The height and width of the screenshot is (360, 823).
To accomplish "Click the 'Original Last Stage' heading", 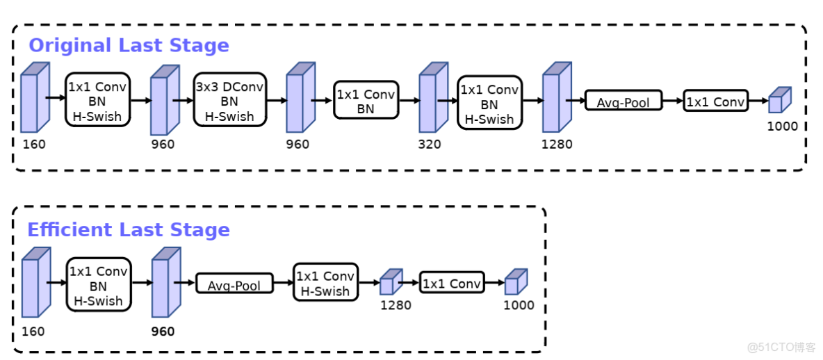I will pyautogui.click(x=129, y=46).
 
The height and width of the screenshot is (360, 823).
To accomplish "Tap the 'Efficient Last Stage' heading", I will pyautogui.click(x=129, y=230).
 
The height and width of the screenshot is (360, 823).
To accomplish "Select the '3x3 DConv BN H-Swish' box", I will pyautogui.click(x=229, y=99).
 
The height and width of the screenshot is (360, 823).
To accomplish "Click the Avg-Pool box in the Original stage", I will pyautogui.click(x=623, y=102).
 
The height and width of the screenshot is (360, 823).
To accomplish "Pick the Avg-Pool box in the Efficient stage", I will pyautogui.click(x=234, y=285).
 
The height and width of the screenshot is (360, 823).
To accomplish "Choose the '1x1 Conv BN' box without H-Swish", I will pyautogui.click(x=365, y=101).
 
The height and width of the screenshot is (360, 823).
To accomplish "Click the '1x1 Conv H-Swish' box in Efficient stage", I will pyautogui.click(x=325, y=284).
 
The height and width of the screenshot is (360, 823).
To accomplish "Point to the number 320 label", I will pyautogui.click(x=429, y=145).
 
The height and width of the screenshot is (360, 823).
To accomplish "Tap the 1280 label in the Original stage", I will pyautogui.click(x=557, y=145).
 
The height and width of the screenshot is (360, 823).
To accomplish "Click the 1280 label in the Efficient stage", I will pyautogui.click(x=395, y=305).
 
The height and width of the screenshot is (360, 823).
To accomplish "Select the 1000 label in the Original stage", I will pyautogui.click(x=782, y=126).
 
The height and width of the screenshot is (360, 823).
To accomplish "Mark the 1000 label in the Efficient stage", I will pyautogui.click(x=519, y=305).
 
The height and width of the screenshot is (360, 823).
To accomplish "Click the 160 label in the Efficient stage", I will pyautogui.click(x=33, y=332).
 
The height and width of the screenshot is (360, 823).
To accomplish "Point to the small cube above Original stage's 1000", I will pyautogui.click(x=779, y=101).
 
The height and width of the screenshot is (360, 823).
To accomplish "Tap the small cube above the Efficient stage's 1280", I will pyautogui.click(x=390, y=283).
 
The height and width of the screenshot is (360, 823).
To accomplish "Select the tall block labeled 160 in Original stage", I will pyautogui.click(x=34, y=98).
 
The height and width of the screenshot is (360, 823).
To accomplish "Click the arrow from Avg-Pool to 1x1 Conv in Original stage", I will pyautogui.click(x=672, y=101).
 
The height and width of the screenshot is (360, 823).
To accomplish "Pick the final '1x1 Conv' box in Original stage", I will pyautogui.click(x=715, y=101).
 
